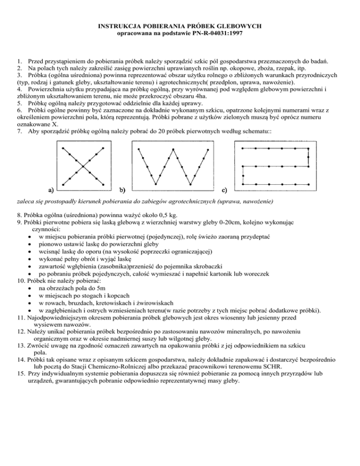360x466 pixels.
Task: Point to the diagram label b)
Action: click(x=122, y=190)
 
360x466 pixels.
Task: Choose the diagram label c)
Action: click(x=224, y=190)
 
